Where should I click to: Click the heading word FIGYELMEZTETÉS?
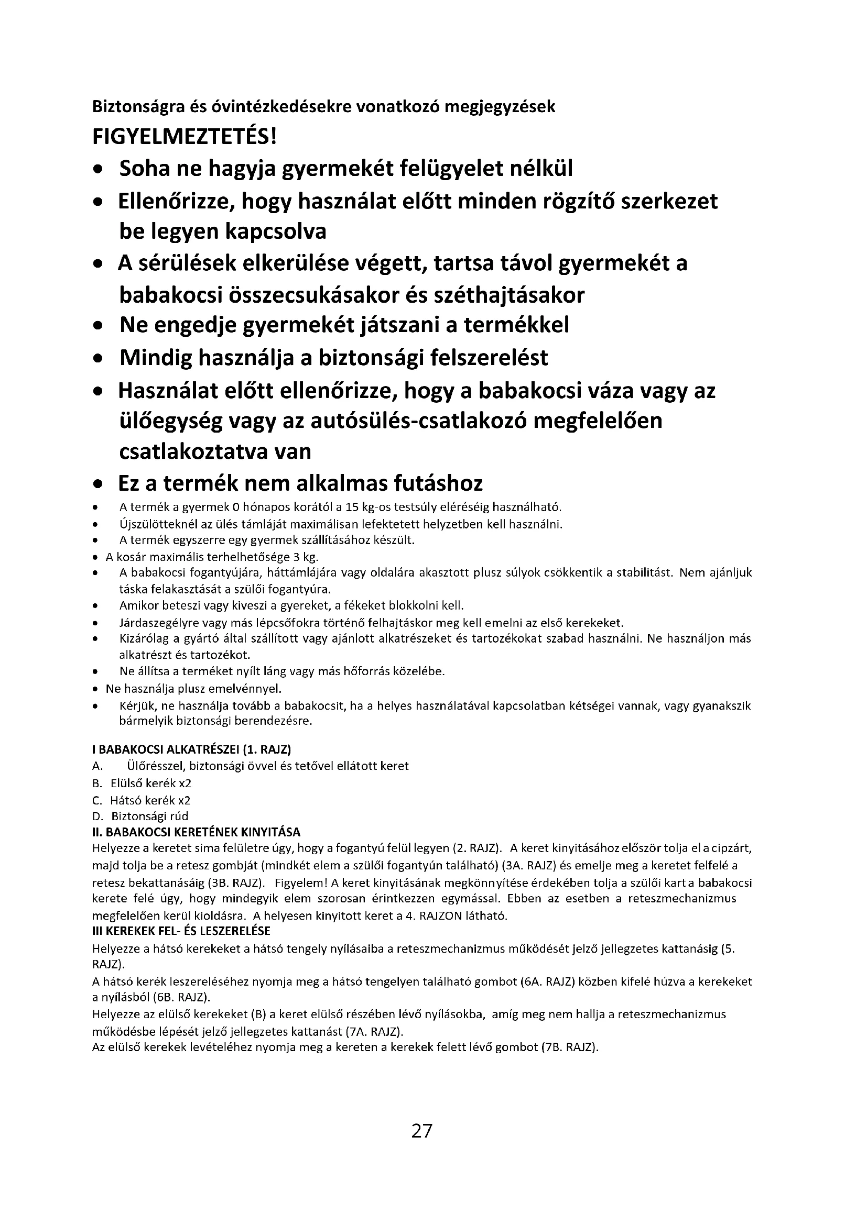click(x=185, y=138)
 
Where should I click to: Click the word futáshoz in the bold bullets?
click(x=438, y=483)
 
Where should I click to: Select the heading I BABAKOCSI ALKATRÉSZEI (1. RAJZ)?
click(x=192, y=749)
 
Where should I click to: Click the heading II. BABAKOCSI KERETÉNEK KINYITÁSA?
click(x=197, y=832)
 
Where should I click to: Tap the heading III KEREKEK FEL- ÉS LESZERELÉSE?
click(x=181, y=931)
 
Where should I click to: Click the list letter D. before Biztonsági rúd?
click(x=97, y=816)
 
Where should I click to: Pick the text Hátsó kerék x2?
click(x=150, y=800)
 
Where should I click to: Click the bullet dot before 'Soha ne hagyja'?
click(x=97, y=170)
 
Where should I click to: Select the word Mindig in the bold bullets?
click(x=155, y=358)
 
